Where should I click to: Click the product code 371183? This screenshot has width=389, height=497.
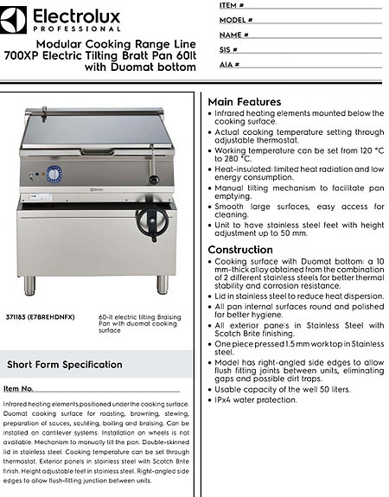14,317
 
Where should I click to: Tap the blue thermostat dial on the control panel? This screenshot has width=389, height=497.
54,175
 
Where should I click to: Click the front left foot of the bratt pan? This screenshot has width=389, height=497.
30,284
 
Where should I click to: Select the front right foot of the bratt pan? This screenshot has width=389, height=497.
163,284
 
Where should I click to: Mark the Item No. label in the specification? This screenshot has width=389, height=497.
18,389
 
